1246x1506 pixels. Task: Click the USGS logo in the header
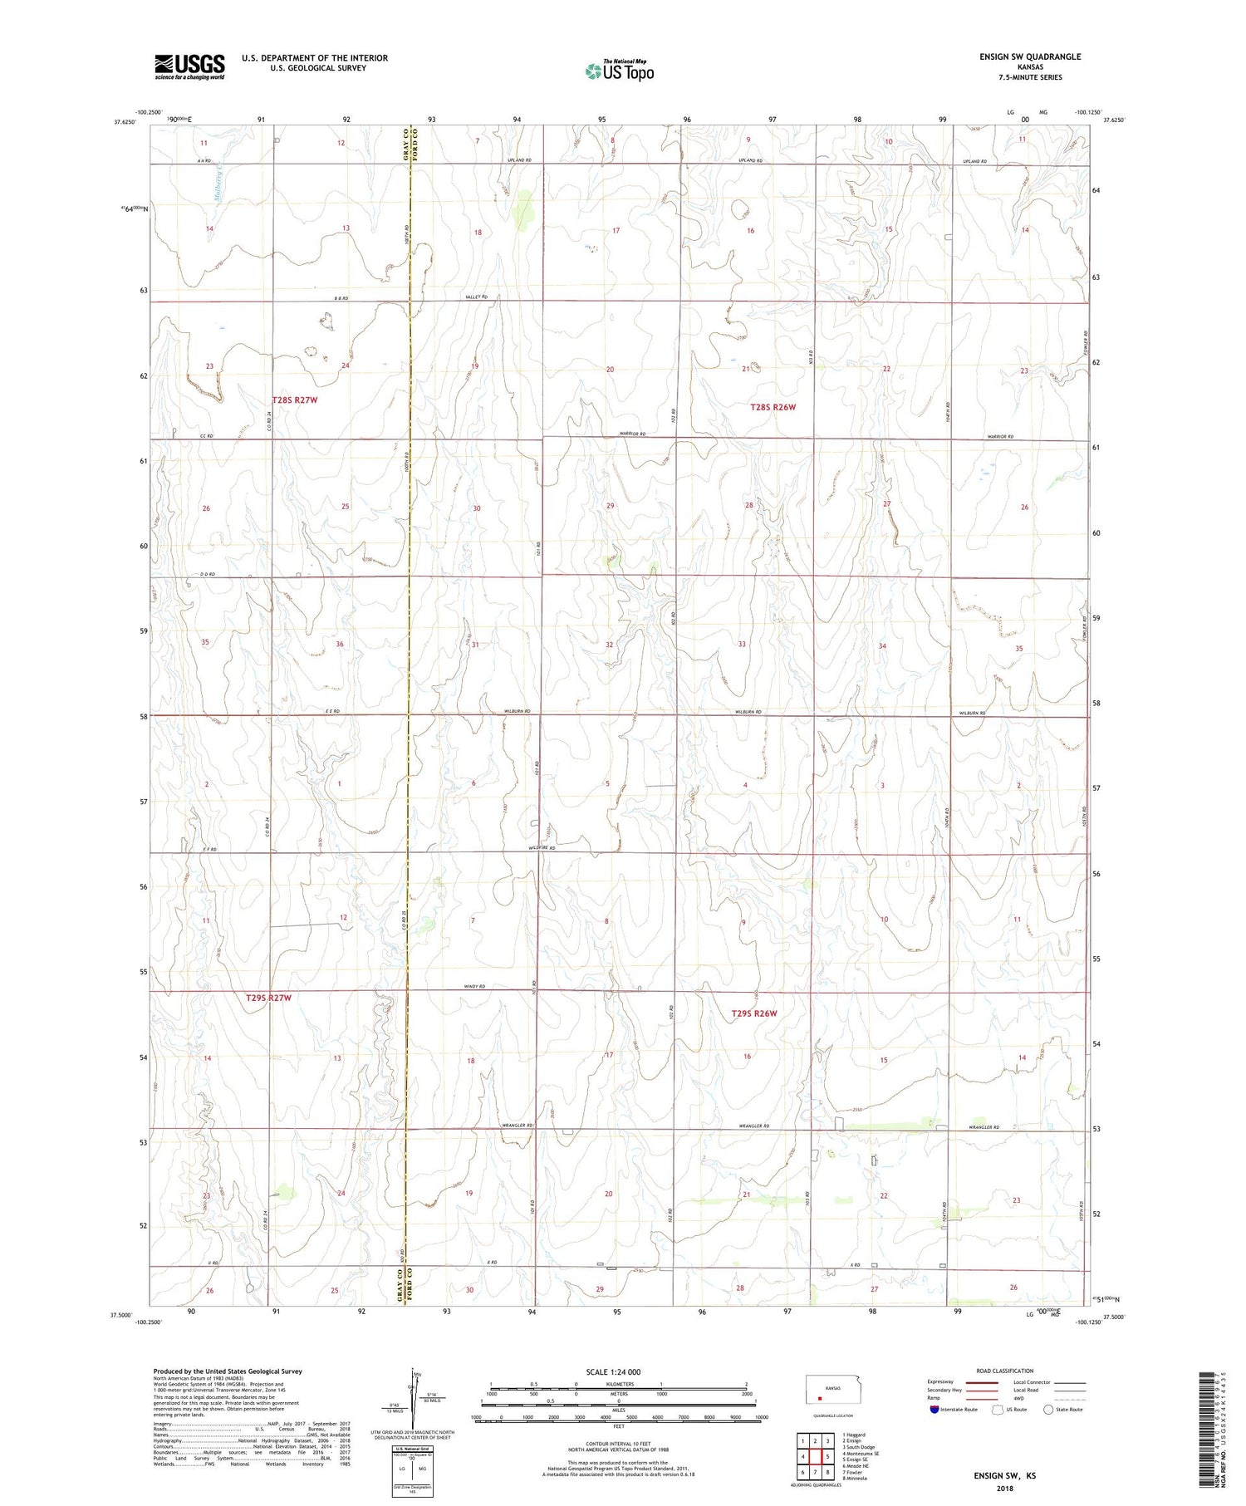coord(189,66)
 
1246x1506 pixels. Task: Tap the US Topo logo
coord(620,71)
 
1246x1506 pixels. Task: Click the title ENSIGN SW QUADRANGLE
coord(1030,56)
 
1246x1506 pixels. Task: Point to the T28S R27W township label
coord(295,400)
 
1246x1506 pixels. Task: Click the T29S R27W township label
coord(269,997)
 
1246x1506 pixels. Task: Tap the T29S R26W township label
coord(754,1013)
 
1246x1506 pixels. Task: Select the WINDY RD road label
coord(474,986)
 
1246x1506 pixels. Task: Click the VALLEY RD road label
coord(476,297)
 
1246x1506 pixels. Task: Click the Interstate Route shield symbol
coord(934,1410)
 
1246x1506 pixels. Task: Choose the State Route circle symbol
coord(1048,1409)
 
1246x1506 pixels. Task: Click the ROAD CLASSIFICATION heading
coord(1004,1371)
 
